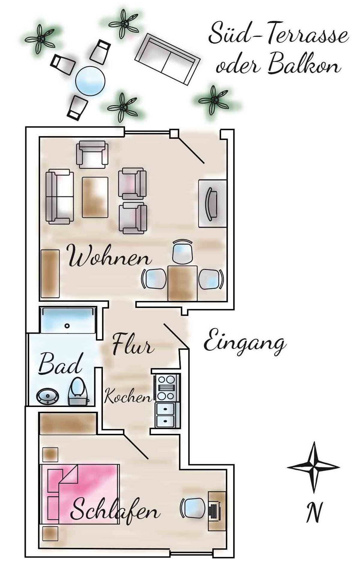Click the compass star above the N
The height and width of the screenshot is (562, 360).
313,468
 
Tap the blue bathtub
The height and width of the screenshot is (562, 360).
68,320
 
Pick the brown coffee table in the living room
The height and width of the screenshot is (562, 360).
95,197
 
